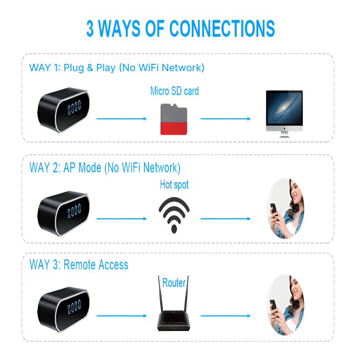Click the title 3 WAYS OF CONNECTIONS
click(180, 29)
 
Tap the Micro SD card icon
click(174, 118)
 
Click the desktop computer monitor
click(284, 112)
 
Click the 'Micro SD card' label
click(174, 91)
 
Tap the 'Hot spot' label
click(174, 184)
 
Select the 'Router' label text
click(174, 283)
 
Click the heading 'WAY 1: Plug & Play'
click(117, 68)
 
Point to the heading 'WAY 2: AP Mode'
click(104, 168)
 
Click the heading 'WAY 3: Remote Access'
click(79, 265)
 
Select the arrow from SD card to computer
click(225, 119)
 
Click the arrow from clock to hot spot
click(122, 219)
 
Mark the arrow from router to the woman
click(225, 316)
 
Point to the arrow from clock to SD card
click(122, 119)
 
